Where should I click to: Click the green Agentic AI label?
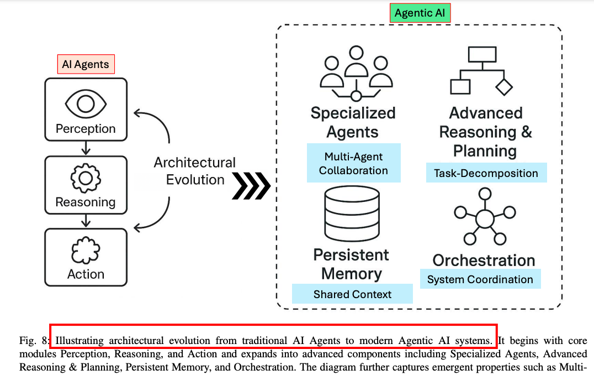click(x=420, y=13)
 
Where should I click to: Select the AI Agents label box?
click(x=86, y=64)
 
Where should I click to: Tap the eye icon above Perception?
click(x=86, y=104)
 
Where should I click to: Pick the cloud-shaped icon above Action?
click(x=86, y=250)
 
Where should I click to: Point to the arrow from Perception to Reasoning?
click(x=86, y=148)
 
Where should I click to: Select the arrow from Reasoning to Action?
click(x=86, y=221)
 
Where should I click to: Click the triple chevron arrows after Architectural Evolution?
click(x=251, y=185)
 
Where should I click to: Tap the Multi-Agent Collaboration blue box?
click(x=353, y=163)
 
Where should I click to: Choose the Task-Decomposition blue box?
click(x=486, y=173)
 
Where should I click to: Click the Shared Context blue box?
click(x=352, y=294)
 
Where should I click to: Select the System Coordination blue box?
click(x=480, y=279)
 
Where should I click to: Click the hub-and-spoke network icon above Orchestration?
click(x=484, y=217)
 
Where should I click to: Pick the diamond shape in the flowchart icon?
click(x=504, y=86)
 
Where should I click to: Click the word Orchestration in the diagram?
click(x=484, y=261)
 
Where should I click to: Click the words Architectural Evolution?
click(x=195, y=171)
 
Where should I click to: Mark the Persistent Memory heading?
click(x=352, y=264)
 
